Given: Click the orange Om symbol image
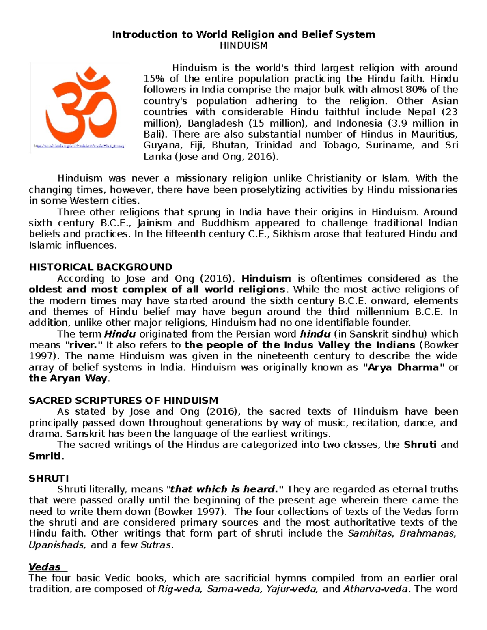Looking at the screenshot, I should pyautogui.click(x=81, y=103).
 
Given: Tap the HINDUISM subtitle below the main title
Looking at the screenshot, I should pyautogui.click(x=243, y=45).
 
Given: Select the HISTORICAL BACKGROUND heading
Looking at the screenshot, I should pyautogui.click(x=101, y=267).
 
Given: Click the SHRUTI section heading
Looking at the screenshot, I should pyautogui.click(x=49, y=478).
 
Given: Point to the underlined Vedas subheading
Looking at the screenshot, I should pyautogui.click(x=45, y=567).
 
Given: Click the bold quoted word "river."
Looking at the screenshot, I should pyautogui.click(x=84, y=345).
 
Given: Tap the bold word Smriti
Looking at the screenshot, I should pyautogui.click(x=45, y=456).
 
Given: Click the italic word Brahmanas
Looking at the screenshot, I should pyautogui.click(x=427, y=533).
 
